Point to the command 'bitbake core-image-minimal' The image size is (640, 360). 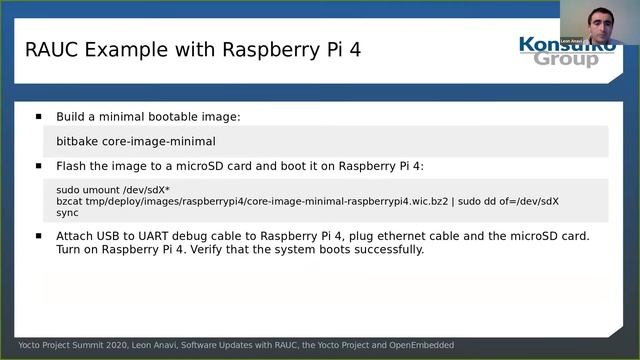point(136,142)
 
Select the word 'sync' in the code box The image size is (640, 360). point(67,213)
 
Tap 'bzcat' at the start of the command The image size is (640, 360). point(70,201)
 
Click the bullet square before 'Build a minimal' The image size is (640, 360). point(39,117)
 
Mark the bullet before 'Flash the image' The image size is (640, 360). point(39,166)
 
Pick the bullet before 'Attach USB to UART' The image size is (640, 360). point(39,237)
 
